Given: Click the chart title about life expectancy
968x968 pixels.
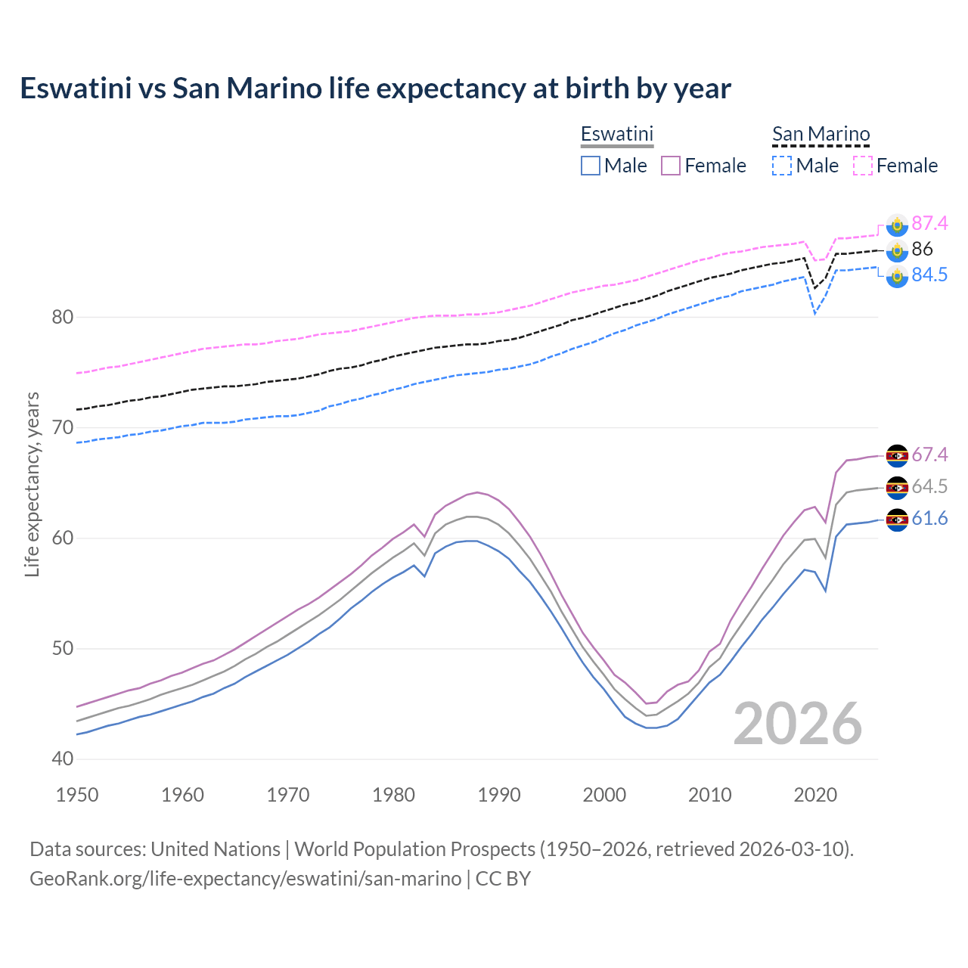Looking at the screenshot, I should [x=375, y=88].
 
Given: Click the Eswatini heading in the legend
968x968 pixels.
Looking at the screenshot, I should [x=616, y=134].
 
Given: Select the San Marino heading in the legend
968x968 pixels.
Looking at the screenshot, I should [x=821, y=134].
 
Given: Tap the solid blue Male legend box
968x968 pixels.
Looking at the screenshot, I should [x=591, y=166].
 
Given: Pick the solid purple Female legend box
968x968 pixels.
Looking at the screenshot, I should [x=671, y=166].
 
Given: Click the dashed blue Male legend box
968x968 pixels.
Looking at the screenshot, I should [x=782, y=166].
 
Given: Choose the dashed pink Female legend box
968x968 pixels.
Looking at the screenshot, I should [x=863, y=166].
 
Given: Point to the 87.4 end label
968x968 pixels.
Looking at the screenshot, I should [x=929, y=223].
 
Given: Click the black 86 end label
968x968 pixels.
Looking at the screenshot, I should [x=922, y=249].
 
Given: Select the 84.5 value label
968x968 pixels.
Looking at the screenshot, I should [x=929, y=275].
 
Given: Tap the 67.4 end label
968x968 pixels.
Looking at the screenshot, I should [x=929, y=455].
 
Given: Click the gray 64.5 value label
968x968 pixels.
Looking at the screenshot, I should [x=929, y=486].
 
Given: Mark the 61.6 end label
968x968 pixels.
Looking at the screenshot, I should [x=929, y=518].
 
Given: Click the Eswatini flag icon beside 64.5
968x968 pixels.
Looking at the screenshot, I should [x=897, y=487].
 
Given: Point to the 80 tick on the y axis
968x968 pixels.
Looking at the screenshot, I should [x=63, y=317].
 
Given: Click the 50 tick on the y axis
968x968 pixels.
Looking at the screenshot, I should [x=63, y=649].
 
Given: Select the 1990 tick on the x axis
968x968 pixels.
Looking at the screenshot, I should [x=499, y=795].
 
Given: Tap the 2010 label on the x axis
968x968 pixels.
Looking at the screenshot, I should [x=709, y=795].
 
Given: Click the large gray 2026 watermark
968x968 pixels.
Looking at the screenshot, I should [x=797, y=724].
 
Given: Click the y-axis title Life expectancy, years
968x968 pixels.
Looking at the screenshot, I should [x=33, y=484].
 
